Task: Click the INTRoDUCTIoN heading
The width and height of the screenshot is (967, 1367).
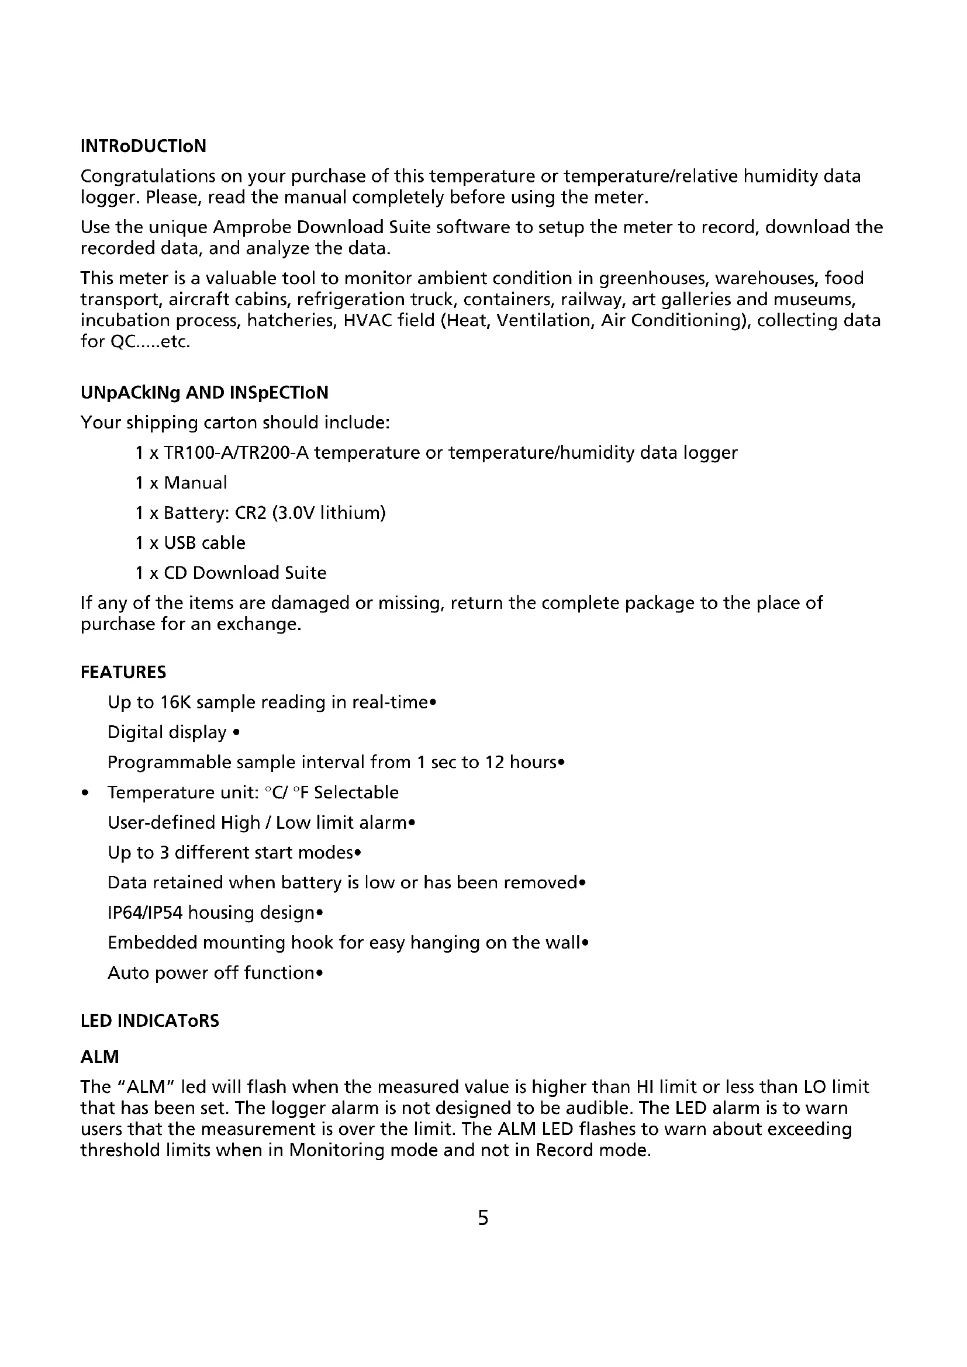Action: click(143, 146)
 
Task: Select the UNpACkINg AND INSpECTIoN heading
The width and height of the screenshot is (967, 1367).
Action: click(204, 393)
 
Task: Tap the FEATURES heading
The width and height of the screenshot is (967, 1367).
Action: click(123, 672)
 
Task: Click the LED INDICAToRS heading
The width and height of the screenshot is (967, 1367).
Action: click(150, 1021)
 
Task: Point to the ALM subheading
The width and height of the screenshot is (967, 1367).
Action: click(100, 1057)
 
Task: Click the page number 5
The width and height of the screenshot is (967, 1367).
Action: click(483, 1217)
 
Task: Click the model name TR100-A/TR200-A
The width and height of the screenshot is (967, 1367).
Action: click(236, 453)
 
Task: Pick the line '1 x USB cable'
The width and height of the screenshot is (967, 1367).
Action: click(190, 543)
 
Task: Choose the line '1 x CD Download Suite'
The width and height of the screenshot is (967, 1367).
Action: click(230, 573)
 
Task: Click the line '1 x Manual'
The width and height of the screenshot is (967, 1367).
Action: click(181, 483)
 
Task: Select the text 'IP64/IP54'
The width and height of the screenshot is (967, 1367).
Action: click(144, 913)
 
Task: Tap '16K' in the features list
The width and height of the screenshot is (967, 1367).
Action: click(174, 702)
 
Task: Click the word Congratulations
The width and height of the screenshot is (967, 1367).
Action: click(148, 177)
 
